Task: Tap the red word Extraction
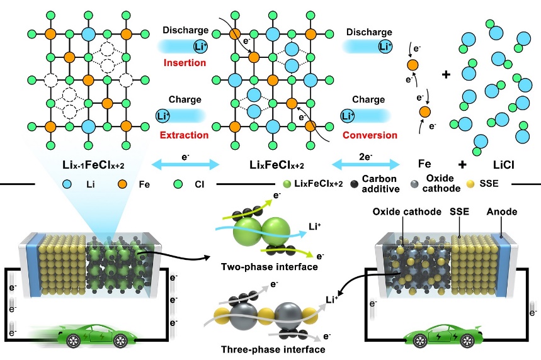tap(185, 135)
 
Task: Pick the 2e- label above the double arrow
tap(368, 154)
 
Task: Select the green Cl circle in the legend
tap(179, 184)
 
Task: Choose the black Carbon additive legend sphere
tap(339, 184)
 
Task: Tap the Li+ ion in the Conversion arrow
tap(347, 116)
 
